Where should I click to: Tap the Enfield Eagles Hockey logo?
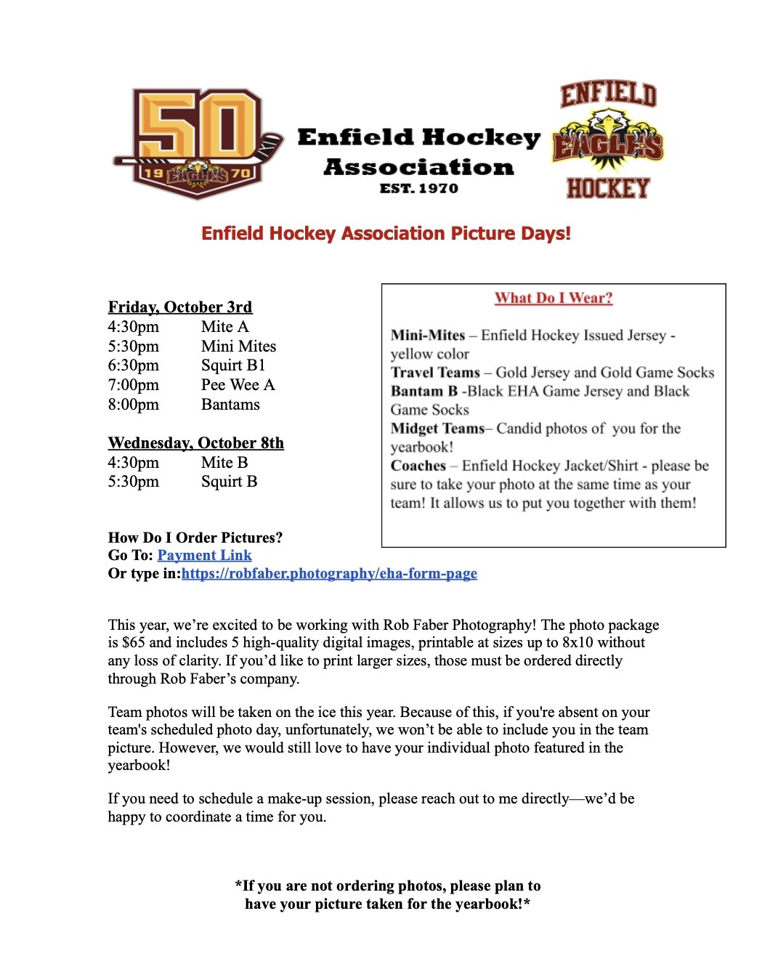pyautogui.click(x=608, y=141)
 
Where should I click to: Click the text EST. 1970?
pyautogui.click(x=419, y=189)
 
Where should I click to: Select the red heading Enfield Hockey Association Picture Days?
pyautogui.click(x=386, y=234)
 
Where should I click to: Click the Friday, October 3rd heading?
pyautogui.click(x=180, y=307)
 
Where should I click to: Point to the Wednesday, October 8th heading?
pyautogui.click(x=196, y=443)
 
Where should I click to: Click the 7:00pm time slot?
pyautogui.click(x=134, y=385)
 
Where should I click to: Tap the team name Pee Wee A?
pyautogui.click(x=238, y=385)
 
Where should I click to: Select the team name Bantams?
pyautogui.click(x=230, y=405)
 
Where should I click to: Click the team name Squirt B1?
pyautogui.click(x=233, y=365)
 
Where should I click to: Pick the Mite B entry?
pyautogui.click(x=224, y=463)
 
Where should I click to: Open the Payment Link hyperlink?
pyautogui.click(x=204, y=556)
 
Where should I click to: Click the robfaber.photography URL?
pyautogui.click(x=329, y=574)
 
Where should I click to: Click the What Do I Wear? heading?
pyautogui.click(x=554, y=298)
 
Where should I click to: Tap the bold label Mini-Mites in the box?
pyautogui.click(x=428, y=336)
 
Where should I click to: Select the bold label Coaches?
pyautogui.click(x=418, y=466)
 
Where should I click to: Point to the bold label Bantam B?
pyautogui.click(x=424, y=392)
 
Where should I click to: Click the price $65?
pyautogui.click(x=134, y=643)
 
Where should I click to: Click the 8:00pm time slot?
pyautogui.click(x=134, y=405)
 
